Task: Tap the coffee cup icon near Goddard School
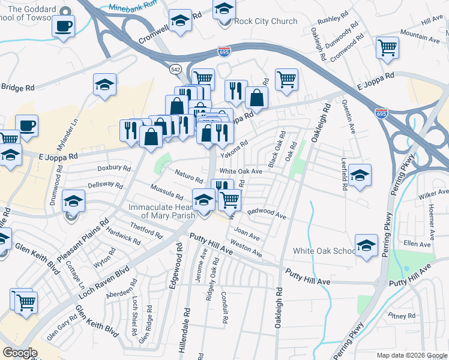63,26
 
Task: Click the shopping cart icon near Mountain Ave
387,47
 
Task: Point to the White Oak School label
324,251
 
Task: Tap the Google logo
20,353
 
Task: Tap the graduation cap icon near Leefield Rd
360,175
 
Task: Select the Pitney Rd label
402,316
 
